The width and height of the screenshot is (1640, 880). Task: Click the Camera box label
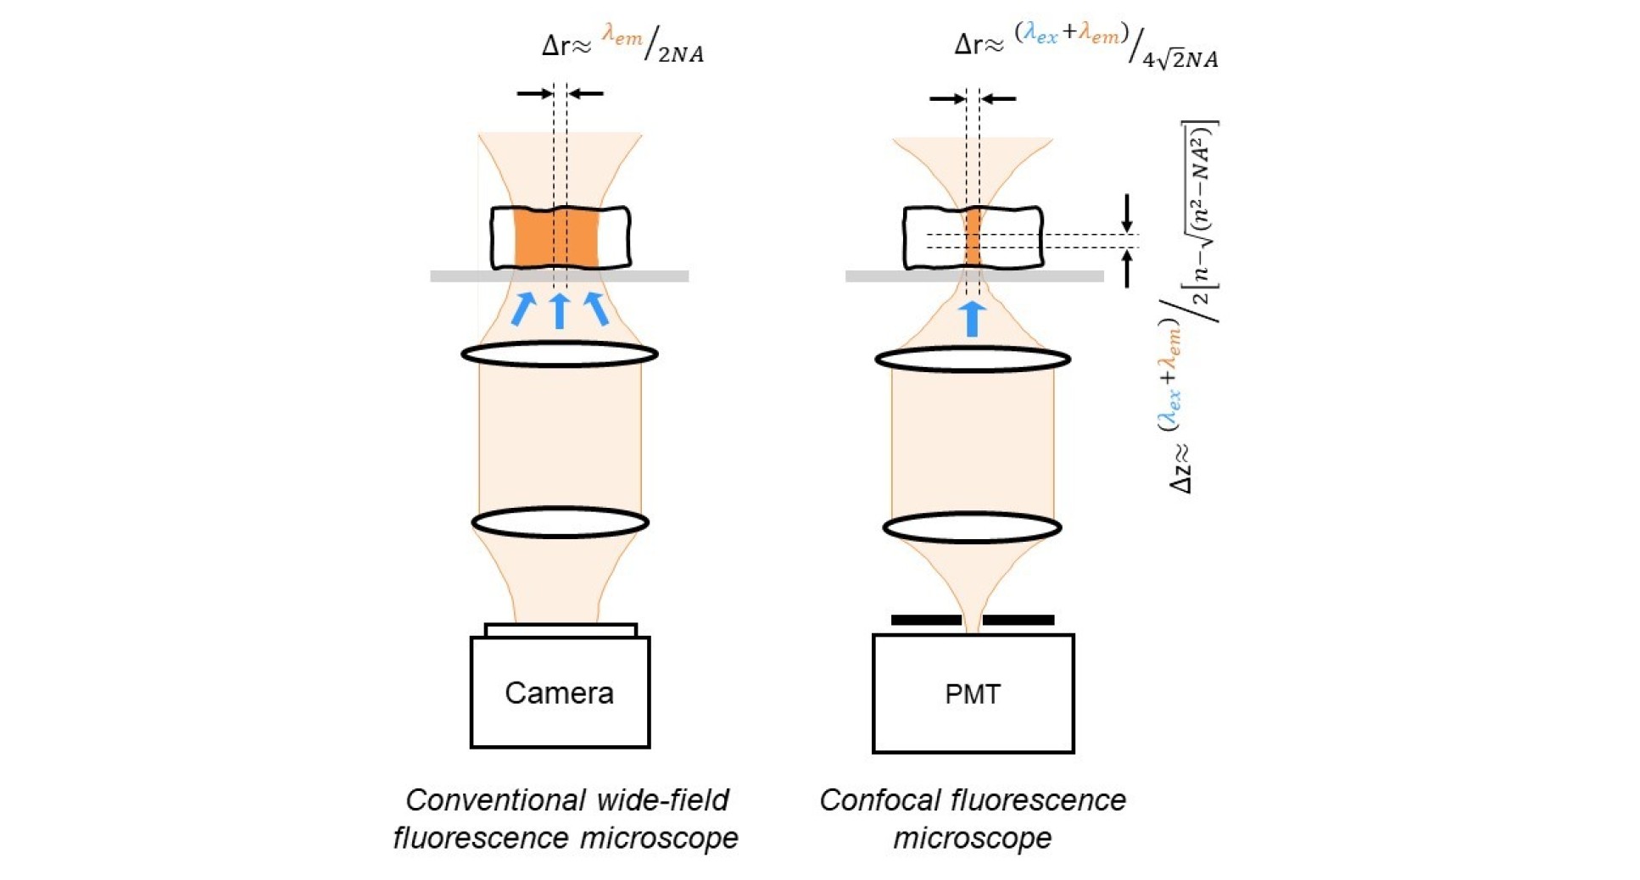[559, 693]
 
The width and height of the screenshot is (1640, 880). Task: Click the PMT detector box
[973, 693]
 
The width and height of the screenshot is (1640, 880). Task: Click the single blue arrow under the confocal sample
[973, 319]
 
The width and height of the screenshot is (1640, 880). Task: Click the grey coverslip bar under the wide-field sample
[458, 276]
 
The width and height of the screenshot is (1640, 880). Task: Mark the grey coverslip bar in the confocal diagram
[873, 276]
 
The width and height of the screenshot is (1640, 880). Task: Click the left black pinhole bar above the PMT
[926, 620]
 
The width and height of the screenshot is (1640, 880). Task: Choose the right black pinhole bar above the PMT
[1018, 620]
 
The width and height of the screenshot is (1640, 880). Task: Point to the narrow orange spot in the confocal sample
[973, 239]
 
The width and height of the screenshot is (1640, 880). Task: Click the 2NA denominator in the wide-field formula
[681, 55]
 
